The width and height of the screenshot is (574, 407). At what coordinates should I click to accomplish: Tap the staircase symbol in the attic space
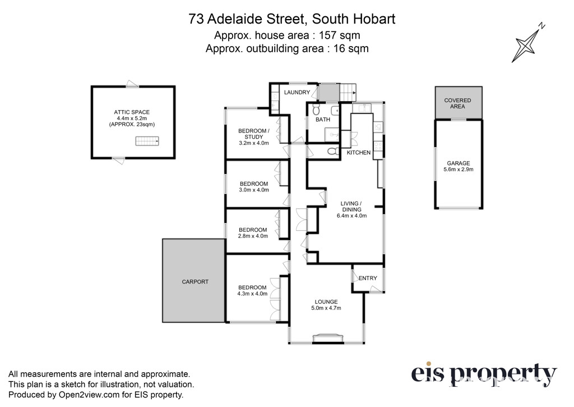coord(147,141)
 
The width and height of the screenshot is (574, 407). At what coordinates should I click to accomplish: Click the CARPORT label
coord(195,282)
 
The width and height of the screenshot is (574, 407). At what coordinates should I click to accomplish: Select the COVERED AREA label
coord(457,103)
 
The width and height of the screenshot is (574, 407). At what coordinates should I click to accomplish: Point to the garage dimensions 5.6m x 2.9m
coord(459,170)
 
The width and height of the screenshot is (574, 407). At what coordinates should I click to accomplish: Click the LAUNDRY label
coord(297,93)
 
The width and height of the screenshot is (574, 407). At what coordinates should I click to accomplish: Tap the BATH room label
coord(323,119)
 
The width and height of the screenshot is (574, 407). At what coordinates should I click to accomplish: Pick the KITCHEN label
coord(359,153)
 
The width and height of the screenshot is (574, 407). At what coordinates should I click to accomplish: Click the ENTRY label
coord(368,278)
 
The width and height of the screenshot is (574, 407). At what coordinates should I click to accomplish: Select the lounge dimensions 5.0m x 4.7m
coord(326,308)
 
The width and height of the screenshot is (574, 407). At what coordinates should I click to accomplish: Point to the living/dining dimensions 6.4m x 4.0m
coord(352,216)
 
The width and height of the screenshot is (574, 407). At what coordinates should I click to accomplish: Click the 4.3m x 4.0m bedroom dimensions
coord(253,294)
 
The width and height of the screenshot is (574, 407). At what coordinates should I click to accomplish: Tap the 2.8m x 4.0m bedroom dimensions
coord(253,236)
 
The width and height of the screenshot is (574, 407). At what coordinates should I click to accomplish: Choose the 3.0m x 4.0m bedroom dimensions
coord(254,190)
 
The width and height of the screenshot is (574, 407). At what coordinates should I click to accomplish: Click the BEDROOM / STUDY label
coord(254,134)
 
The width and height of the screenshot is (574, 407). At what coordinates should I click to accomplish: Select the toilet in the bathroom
coord(316,109)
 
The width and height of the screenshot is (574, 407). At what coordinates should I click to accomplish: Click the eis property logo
coord(484,374)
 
